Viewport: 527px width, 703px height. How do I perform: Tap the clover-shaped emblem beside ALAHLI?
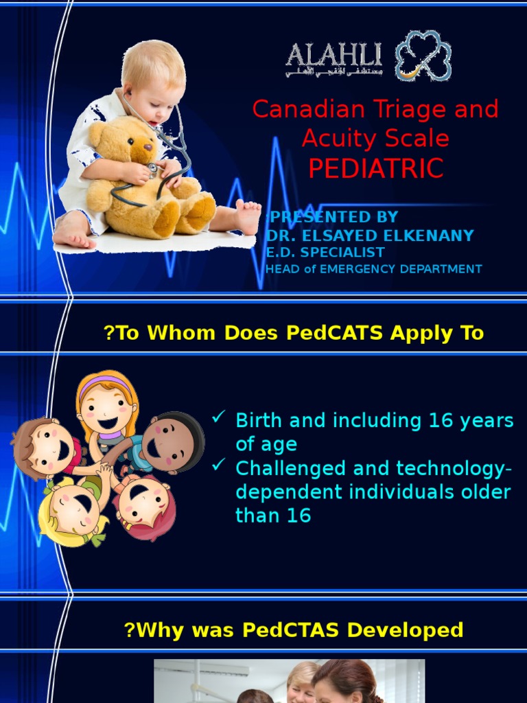[423, 56]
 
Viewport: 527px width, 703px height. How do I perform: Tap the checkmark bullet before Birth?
[220, 417]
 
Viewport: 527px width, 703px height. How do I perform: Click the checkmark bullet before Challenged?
[220, 465]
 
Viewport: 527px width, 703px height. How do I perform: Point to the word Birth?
[260, 421]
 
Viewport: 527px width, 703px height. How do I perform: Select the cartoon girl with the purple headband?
[106, 405]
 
